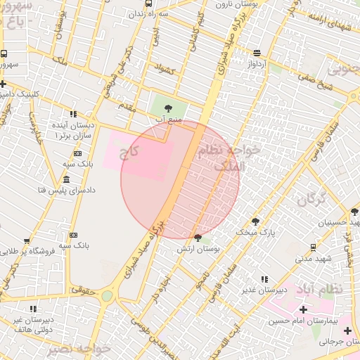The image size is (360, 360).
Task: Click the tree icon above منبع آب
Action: coord(167,108)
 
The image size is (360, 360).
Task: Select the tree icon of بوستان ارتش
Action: coord(198,238)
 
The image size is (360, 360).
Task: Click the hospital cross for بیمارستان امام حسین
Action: coord(303,309)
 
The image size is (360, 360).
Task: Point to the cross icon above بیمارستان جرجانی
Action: coord(347,330)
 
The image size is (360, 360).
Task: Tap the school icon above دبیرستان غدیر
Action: coord(264,279)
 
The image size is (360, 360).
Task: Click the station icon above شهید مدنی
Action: coord(313,247)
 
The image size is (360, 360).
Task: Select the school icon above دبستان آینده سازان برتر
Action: coord(73,114)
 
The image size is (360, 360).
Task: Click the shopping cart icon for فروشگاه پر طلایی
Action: coord(27,251)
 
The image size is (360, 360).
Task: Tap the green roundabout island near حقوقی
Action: coord(106,296)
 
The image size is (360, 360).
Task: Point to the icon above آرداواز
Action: coord(257,53)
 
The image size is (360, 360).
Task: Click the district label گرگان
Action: coord(308,200)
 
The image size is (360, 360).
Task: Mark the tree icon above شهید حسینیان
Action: coord(354,211)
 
